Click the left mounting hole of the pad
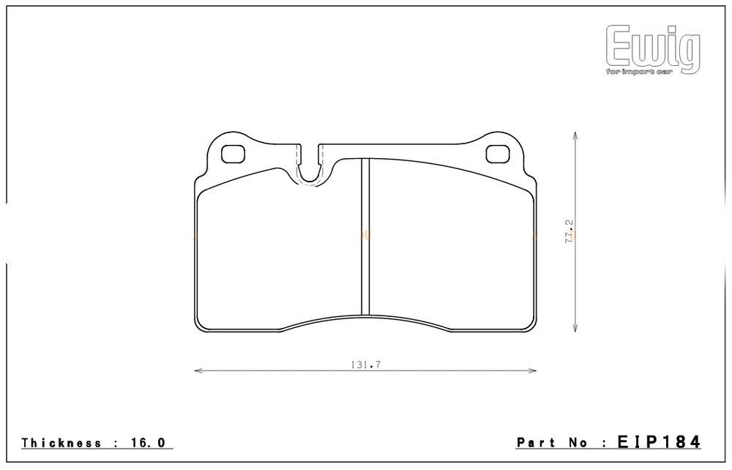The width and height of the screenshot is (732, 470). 233,154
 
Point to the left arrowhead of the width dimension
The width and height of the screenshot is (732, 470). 197,371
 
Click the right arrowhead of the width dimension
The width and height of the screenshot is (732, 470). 534,371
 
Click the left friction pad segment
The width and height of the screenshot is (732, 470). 278,249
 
